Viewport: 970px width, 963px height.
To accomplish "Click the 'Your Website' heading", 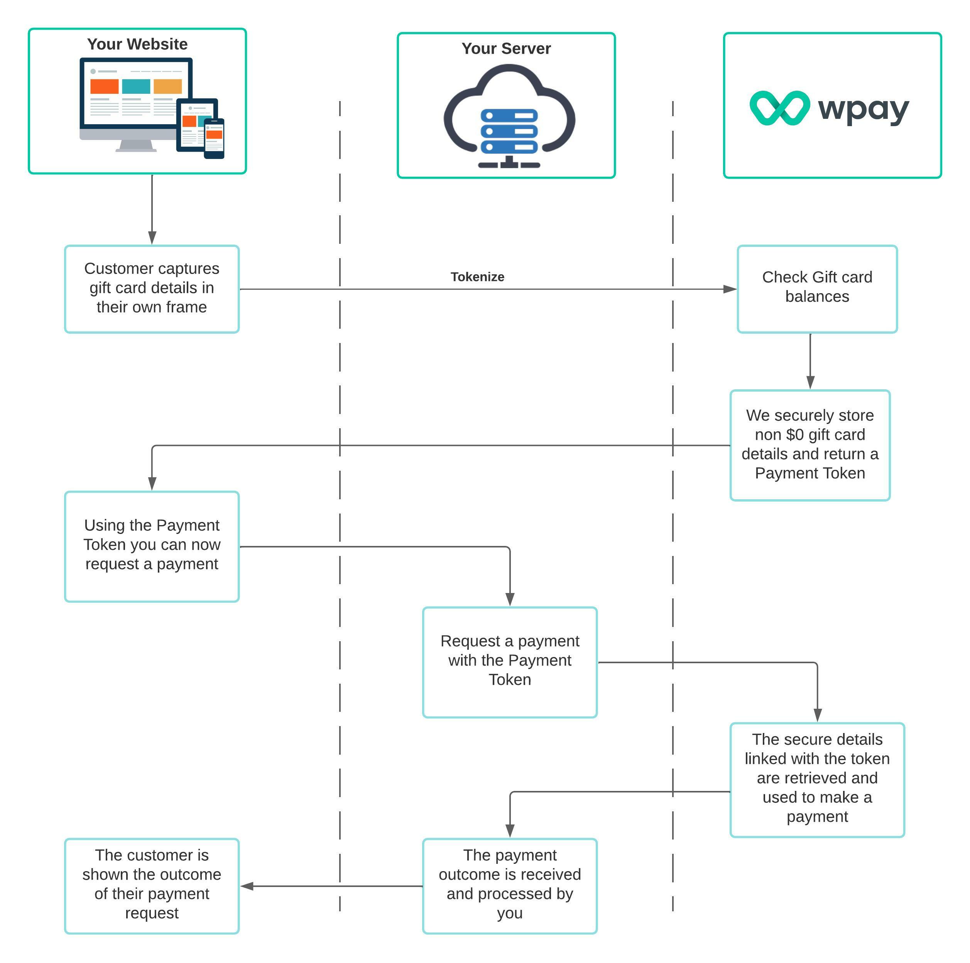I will click(137, 44).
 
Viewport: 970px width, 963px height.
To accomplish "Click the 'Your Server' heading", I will click(506, 49).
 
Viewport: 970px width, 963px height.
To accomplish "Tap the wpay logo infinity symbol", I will click(779, 108).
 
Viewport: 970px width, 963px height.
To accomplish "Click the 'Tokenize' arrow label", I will click(477, 277).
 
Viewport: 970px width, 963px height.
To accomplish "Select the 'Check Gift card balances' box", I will click(817, 289).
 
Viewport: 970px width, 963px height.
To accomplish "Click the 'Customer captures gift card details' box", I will click(152, 289).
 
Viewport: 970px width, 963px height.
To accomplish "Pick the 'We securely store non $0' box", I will click(810, 445).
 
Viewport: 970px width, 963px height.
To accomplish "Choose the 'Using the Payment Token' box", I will click(152, 546).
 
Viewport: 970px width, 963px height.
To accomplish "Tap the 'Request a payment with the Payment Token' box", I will click(510, 662).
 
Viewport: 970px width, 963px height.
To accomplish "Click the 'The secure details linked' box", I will click(817, 780).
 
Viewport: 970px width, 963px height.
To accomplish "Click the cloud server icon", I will click(509, 118).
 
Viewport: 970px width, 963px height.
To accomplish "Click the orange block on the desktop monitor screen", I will click(105, 86).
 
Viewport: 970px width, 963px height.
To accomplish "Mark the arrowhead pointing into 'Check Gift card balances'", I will click(730, 289).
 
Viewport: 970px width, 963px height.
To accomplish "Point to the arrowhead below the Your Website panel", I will click(152, 238).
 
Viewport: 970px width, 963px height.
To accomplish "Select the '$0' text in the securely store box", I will click(795, 435).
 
